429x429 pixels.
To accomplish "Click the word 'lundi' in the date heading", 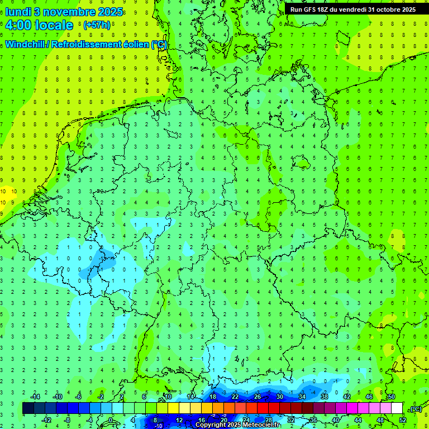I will coord(18,11).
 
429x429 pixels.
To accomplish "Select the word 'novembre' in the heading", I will coord(69,11).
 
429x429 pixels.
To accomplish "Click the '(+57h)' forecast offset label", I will coord(97,25).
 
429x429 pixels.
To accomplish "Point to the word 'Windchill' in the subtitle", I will coord(26,45).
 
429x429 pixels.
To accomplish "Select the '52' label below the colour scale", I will coord(403,420).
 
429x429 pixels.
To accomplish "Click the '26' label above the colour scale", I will coord(258,397).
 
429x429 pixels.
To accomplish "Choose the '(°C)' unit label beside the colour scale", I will coord(416,409).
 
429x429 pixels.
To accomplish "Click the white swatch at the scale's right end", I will coord(397,408).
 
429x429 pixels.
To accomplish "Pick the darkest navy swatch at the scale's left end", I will coord(28,408).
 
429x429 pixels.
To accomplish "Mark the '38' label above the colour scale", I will coord(325,397).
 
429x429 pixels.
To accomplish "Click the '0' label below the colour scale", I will coord(111,420).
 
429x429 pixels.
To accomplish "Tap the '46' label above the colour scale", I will coord(369,397).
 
